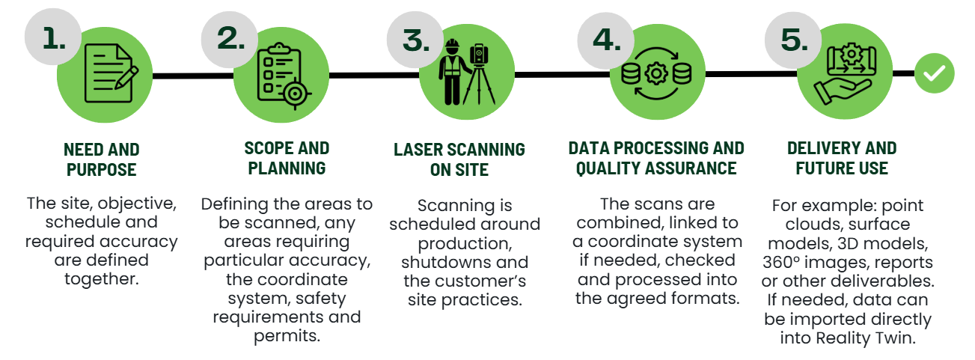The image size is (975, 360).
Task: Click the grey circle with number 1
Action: (52, 37)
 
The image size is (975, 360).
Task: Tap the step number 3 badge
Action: (415, 40)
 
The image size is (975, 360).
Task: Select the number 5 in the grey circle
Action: (794, 40)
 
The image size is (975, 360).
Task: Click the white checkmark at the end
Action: (934, 73)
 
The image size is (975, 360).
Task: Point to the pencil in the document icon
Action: (126, 78)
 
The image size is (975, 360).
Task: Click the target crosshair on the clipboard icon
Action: (295, 93)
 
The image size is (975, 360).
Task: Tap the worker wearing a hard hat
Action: (453, 72)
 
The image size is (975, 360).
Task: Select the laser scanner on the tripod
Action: (479, 74)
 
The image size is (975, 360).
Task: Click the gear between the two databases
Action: (656, 73)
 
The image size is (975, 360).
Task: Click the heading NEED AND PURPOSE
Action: (102, 159)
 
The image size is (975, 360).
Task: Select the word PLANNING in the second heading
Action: (287, 168)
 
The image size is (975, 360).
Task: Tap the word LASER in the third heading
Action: (418, 150)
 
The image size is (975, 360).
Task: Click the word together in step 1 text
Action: (102, 279)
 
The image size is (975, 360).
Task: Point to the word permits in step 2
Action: (287, 336)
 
